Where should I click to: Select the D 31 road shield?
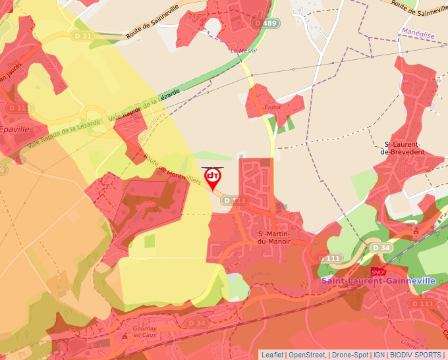pos(84,36)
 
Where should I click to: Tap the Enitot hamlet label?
pos(272,107)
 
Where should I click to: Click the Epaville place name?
pos(14,129)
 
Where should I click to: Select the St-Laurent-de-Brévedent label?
pos(404,147)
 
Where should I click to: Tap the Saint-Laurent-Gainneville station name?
pos(378,280)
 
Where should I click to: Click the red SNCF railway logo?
pos(378,270)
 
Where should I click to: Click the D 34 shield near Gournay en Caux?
pos(196,323)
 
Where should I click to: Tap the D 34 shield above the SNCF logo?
pos(381,247)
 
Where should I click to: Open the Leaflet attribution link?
pos(272,355)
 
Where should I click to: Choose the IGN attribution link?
pos(379,355)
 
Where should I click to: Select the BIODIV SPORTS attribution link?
pos(415,355)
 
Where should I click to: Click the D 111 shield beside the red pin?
pos(234,200)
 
